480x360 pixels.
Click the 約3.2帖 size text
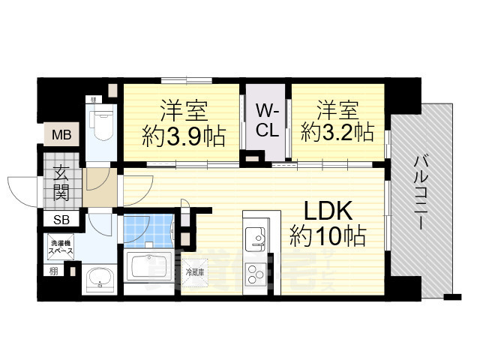(x=337, y=133)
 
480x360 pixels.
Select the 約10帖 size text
(x=328, y=237)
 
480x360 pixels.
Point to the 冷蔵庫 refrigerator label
(x=196, y=271)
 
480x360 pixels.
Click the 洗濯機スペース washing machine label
(x=61, y=247)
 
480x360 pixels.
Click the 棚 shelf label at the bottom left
(x=52, y=271)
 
